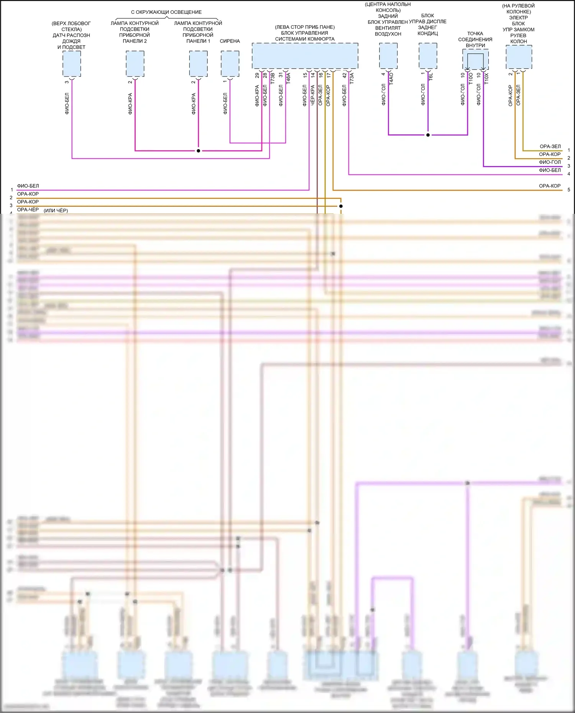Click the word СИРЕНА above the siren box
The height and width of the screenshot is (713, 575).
pyautogui.click(x=230, y=41)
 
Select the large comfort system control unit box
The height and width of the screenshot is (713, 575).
pyautogui.click(x=305, y=56)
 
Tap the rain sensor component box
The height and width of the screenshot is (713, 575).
pyautogui.click(x=72, y=64)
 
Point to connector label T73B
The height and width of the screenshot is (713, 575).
pyautogui.click(x=273, y=79)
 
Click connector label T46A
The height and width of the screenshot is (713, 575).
pyautogui.click(x=288, y=78)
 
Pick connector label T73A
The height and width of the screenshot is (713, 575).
pyautogui.click(x=352, y=78)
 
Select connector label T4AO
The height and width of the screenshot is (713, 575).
pyautogui.click(x=391, y=79)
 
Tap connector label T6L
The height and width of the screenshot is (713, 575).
pyautogui.click(x=431, y=77)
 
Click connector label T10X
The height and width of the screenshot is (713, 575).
pyautogui.click(x=486, y=79)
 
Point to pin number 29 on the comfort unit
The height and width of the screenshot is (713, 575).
pyautogui.click(x=257, y=75)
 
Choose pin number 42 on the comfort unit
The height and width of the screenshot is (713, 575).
pyautogui.click(x=344, y=75)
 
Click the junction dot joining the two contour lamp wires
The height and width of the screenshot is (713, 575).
pyautogui.click(x=198, y=151)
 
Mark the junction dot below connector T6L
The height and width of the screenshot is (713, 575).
pyautogui.click(x=428, y=135)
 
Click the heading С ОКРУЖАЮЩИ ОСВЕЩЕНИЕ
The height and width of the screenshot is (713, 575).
pyautogui.click(x=166, y=12)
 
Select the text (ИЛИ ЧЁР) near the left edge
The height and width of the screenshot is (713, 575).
pyautogui.click(x=56, y=210)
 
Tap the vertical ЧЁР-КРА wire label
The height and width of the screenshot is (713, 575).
pyautogui.click(x=312, y=95)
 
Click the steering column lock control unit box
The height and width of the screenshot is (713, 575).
pyautogui.click(x=519, y=57)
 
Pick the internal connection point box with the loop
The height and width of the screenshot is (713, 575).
pyautogui.click(x=475, y=60)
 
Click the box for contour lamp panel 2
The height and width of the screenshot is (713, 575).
pyautogui.click(x=135, y=64)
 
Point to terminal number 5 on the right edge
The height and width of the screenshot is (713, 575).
pyautogui.click(x=569, y=190)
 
